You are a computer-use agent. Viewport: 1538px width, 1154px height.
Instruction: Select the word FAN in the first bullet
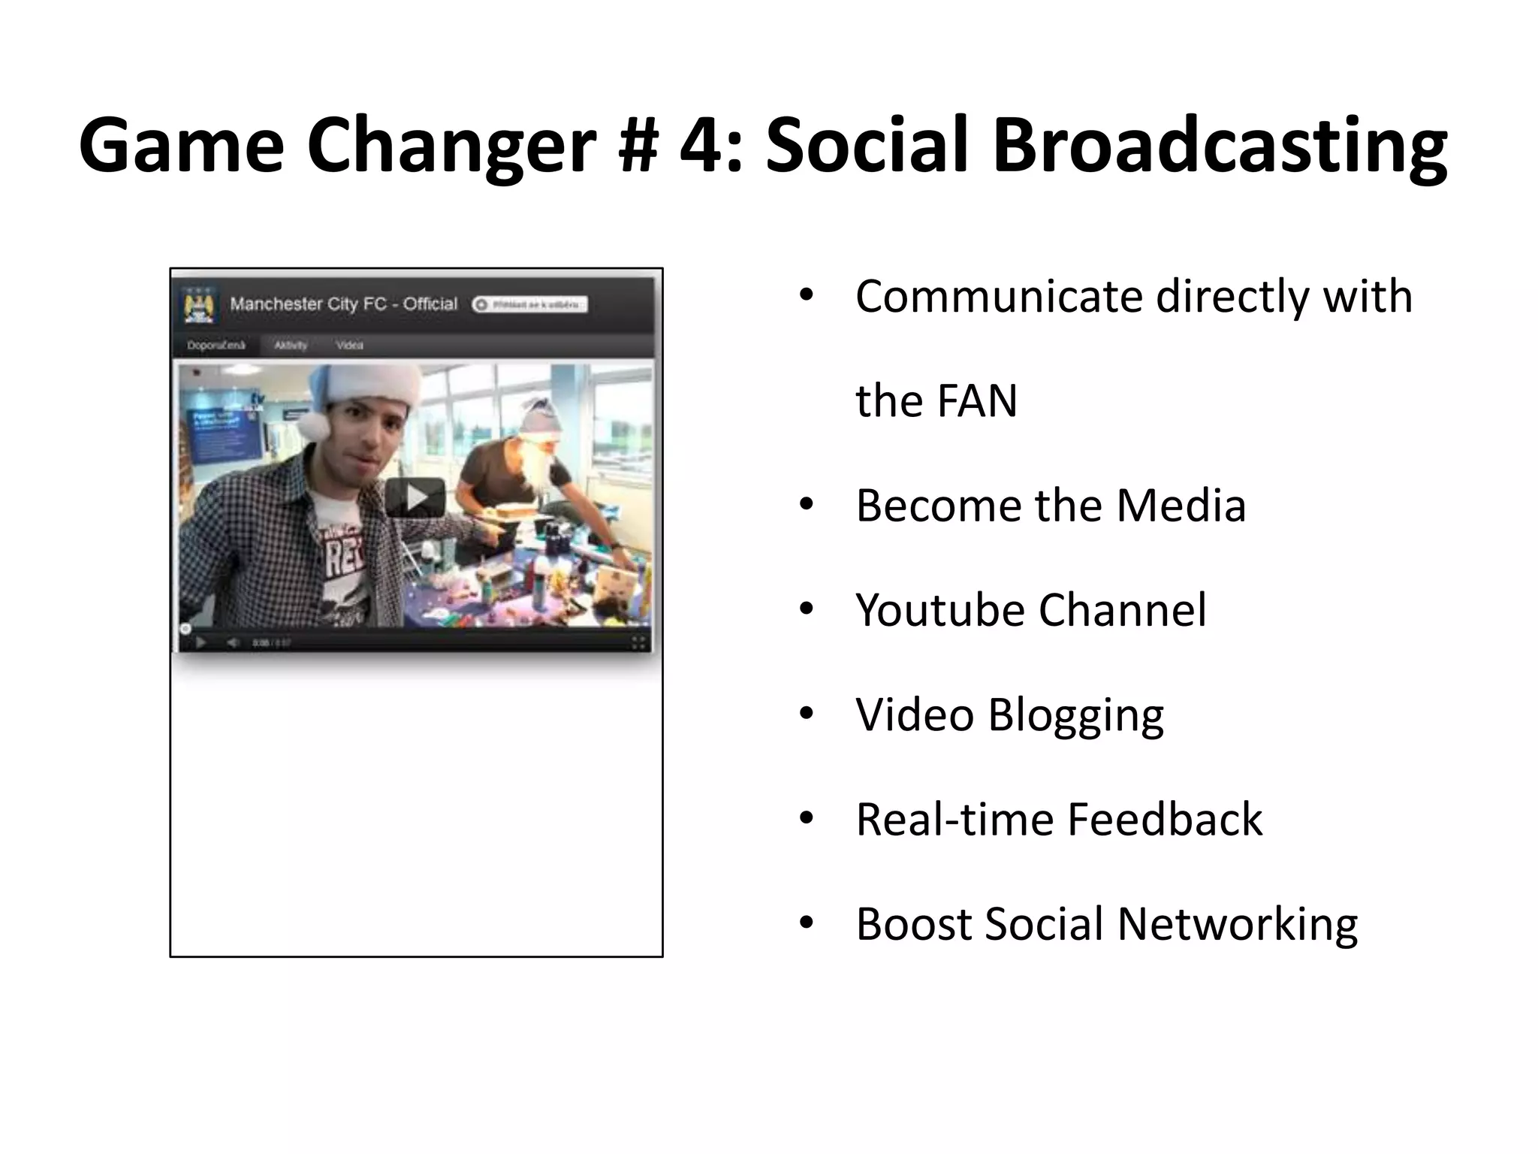pyautogui.click(x=976, y=400)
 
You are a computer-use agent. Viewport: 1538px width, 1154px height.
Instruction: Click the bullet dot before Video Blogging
pyautogui.click(x=807, y=713)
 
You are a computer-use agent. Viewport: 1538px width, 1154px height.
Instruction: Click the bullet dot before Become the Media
pyautogui.click(x=807, y=504)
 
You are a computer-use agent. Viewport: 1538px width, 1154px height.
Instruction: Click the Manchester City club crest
pyautogui.click(x=199, y=305)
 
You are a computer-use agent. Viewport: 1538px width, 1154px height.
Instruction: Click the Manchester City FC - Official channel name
pyautogui.click(x=343, y=304)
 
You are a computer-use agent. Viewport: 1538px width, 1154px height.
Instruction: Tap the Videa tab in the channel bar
pyautogui.click(x=350, y=346)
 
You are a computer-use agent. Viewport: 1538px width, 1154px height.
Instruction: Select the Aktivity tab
pyautogui.click(x=291, y=346)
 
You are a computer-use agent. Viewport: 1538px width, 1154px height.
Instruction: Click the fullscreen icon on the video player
pyautogui.click(x=638, y=642)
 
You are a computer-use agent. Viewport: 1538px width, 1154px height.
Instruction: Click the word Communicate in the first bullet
pyautogui.click(x=999, y=296)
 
